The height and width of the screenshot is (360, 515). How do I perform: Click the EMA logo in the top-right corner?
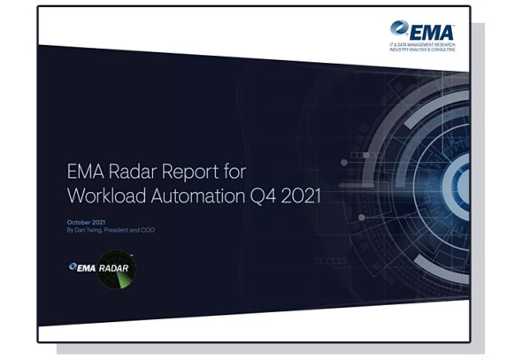point(422,32)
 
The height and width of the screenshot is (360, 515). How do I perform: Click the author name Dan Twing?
point(93,230)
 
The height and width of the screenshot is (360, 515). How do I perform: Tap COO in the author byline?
point(153,230)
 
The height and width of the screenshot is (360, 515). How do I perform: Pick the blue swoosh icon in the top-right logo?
point(399,29)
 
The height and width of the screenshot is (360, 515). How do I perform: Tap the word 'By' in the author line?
point(71,230)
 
